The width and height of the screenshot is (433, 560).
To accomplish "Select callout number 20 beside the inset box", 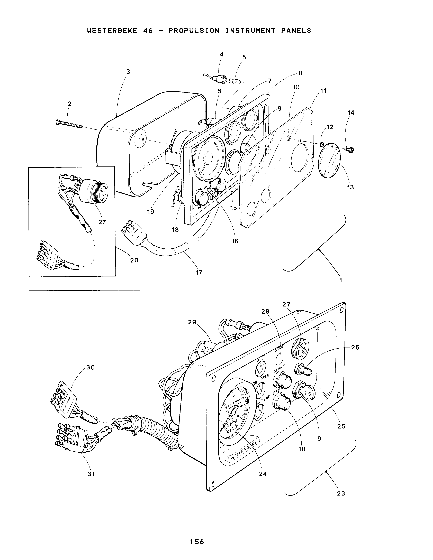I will pos(134,260).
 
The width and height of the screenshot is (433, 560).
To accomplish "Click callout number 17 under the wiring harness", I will pos(199,273).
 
